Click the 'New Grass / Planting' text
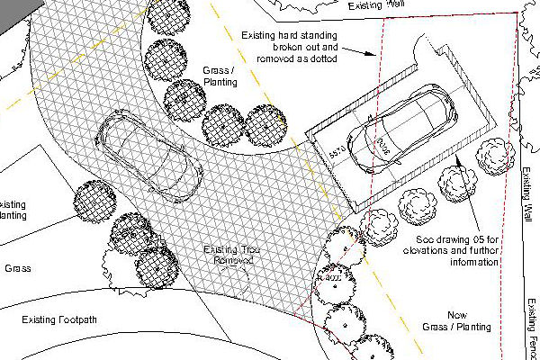click(x=461, y=321)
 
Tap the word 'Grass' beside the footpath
click(x=19, y=268)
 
